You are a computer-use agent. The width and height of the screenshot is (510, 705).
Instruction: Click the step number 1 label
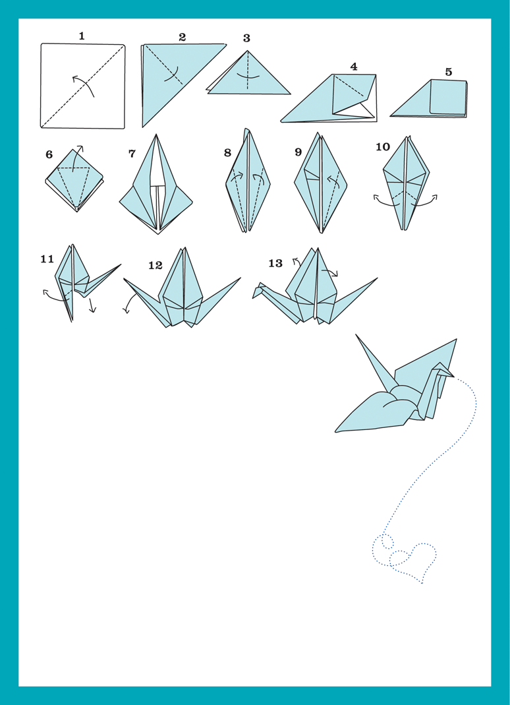point(81,36)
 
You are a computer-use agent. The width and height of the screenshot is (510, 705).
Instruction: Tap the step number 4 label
point(354,67)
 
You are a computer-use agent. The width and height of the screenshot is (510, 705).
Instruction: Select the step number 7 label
point(132,154)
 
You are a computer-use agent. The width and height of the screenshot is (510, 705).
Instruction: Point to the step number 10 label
point(383,146)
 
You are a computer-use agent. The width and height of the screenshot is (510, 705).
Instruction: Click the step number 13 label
point(275,263)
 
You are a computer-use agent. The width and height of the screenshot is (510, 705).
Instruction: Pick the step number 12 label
point(156,265)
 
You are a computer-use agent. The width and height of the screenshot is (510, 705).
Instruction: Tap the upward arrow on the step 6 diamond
point(77,158)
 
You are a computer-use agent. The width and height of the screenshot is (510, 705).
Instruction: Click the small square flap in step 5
point(448,97)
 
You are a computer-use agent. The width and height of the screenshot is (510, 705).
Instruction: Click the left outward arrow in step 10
point(385,201)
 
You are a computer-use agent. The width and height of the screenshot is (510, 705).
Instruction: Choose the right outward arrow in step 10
point(424,201)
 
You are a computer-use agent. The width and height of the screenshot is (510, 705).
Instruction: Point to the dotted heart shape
point(412,562)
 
